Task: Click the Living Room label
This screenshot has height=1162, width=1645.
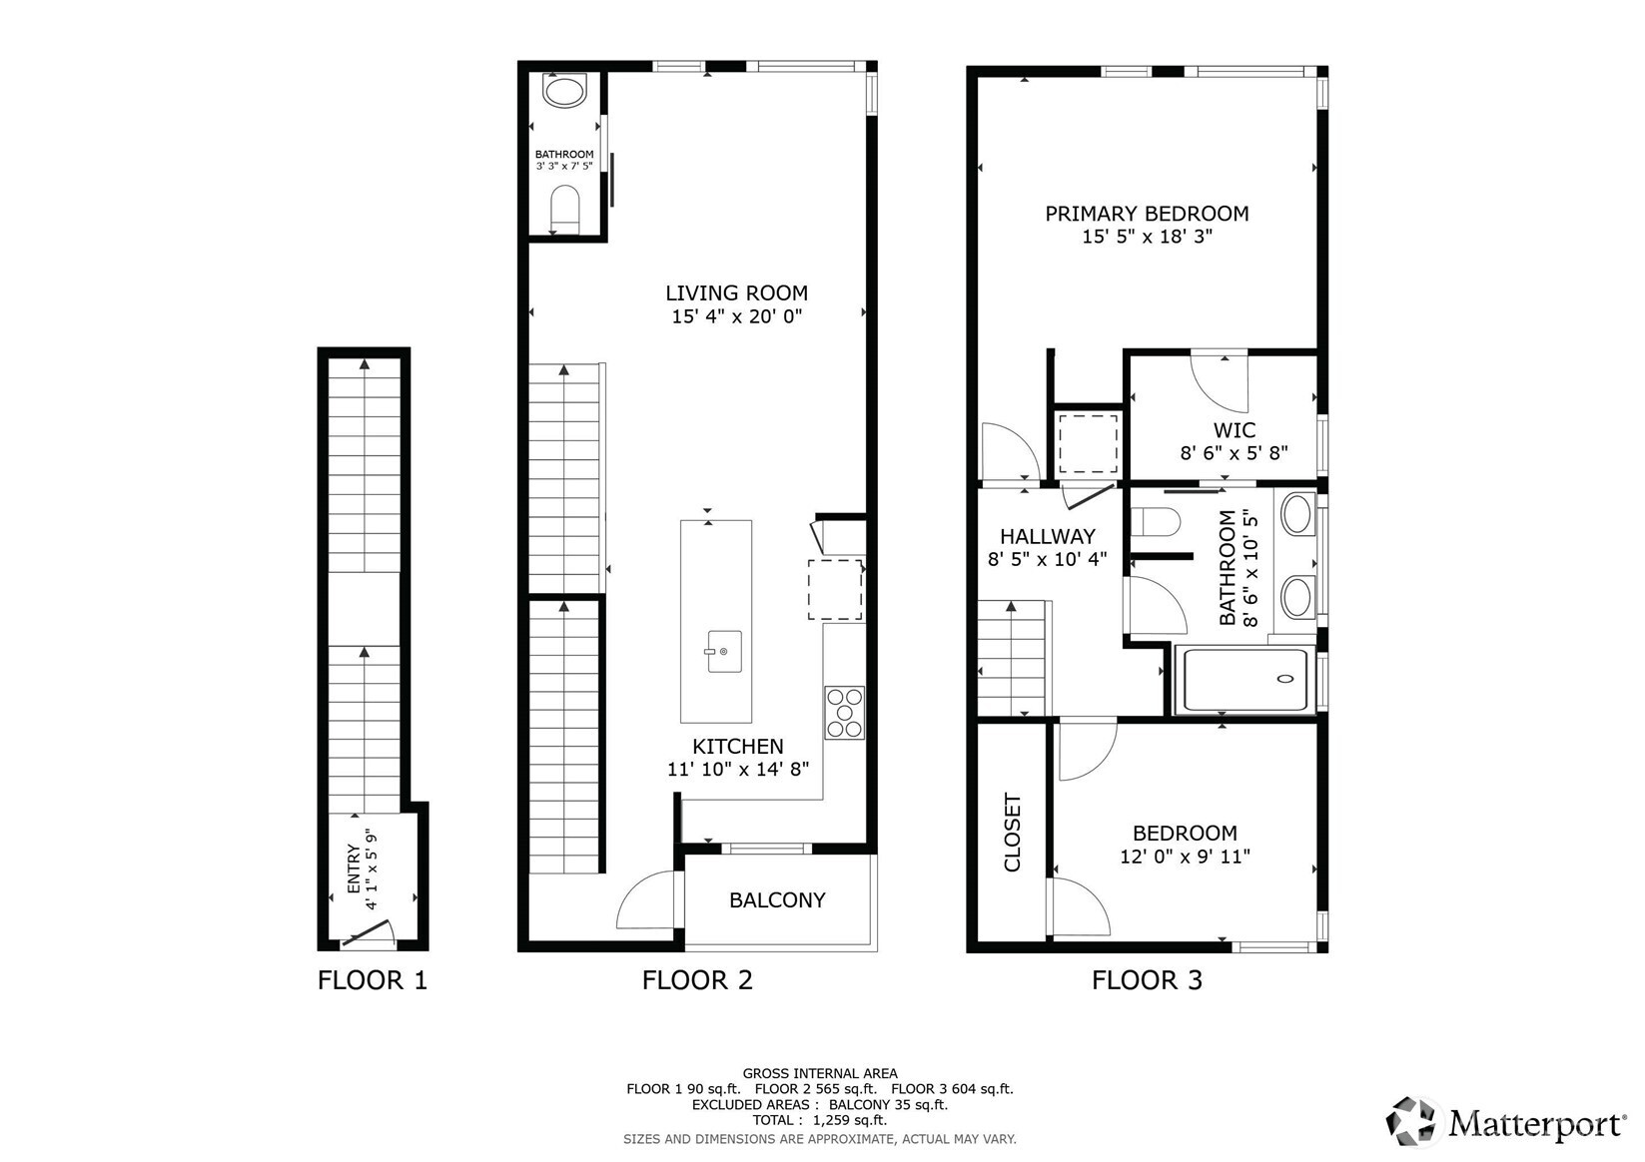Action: tap(736, 292)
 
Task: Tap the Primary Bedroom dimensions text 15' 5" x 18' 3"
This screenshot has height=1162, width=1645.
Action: tap(1147, 237)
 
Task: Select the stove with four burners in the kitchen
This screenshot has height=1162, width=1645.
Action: tap(844, 712)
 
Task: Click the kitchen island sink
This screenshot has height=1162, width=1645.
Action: tap(723, 651)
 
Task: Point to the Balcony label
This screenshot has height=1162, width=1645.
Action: tap(777, 899)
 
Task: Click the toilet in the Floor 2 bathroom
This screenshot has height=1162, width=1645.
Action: tap(564, 210)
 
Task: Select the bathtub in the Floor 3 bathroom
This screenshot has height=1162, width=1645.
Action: tap(1244, 679)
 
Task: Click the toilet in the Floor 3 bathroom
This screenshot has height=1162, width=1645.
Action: tap(1155, 523)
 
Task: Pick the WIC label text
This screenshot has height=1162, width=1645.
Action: tap(1234, 429)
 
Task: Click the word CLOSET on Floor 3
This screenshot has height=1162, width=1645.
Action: tap(1013, 832)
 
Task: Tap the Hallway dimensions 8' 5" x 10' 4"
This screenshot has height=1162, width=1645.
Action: tap(1047, 559)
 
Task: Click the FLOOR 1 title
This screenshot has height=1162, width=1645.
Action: tap(373, 980)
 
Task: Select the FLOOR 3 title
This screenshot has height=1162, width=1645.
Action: tap(1147, 980)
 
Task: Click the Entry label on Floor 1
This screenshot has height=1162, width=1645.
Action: tap(354, 870)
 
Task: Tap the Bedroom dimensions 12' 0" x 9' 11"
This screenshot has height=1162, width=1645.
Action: tap(1185, 857)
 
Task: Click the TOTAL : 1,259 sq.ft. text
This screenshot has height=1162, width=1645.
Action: tap(820, 1120)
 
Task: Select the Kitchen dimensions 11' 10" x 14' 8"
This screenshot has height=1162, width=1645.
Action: tap(738, 770)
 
